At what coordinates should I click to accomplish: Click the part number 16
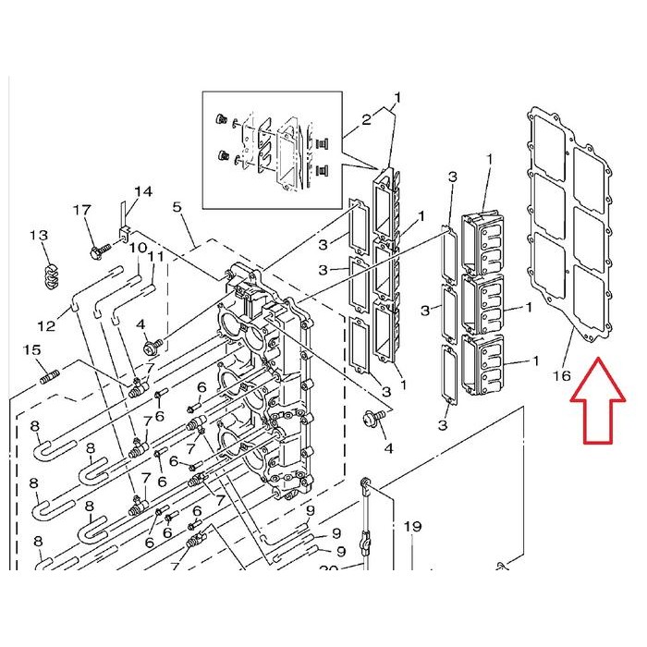562,376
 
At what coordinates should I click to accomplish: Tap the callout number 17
81,210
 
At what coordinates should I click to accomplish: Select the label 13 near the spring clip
39,235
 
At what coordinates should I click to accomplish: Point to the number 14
143,191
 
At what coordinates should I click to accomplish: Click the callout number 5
177,207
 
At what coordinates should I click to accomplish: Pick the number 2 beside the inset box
366,119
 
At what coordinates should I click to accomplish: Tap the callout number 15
31,350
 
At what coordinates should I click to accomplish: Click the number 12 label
46,326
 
